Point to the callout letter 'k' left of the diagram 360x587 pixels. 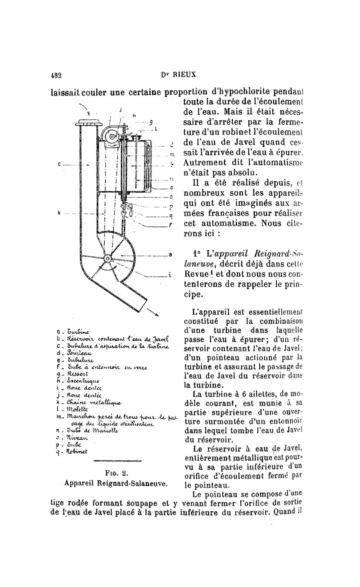point(59,212)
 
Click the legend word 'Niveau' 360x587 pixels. point(77,435)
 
